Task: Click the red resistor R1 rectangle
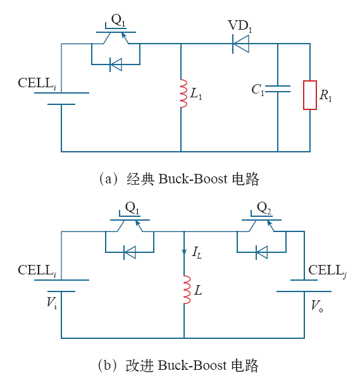point(310,95)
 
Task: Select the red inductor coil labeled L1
point(184,94)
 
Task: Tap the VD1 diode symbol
point(240,44)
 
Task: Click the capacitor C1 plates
point(278,89)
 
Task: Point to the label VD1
point(240,26)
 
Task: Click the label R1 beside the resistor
point(326,95)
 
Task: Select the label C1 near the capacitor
point(258,90)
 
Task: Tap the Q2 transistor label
point(264,208)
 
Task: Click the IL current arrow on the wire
point(184,251)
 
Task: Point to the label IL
point(197,252)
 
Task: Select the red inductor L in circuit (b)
point(187,290)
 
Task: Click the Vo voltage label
point(317,305)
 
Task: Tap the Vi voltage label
point(52,303)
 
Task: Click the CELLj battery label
point(328,271)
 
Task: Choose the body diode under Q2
point(261,252)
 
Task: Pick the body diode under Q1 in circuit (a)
point(116,64)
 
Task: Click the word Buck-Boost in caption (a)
point(193,179)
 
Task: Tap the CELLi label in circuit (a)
point(37,83)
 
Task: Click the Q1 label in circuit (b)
point(132,208)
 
